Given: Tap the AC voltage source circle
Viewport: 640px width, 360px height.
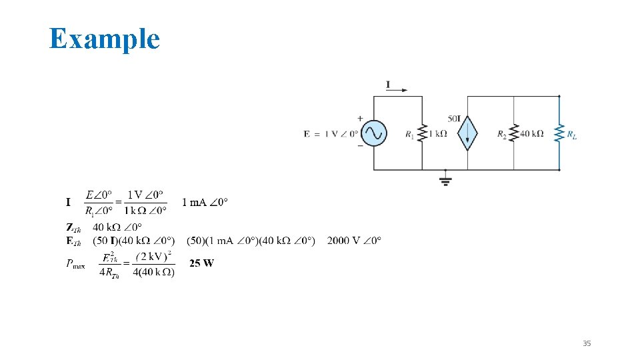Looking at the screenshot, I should [x=373, y=133].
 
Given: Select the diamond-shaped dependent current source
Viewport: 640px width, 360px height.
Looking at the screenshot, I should [x=467, y=134].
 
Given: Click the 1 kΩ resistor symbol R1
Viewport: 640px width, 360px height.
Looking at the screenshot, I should [x=422, y=133].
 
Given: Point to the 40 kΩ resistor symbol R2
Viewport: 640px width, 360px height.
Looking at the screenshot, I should [x=514, y=133].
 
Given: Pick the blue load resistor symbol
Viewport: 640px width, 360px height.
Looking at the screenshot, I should [x=559, y=133].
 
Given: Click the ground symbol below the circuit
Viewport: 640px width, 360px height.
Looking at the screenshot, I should [x=445, y=179].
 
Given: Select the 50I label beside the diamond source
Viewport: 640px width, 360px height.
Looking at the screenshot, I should [x=454, y=119].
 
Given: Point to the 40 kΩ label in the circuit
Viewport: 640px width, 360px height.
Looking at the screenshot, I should [x=531, y=134].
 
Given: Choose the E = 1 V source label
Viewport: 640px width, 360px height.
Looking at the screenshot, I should [x=329, y=134].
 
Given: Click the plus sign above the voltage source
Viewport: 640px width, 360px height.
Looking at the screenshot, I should [x=361, y=119].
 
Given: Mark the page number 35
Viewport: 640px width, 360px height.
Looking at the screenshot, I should [x=587, y=343].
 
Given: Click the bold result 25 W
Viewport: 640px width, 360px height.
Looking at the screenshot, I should [x=201, y=263].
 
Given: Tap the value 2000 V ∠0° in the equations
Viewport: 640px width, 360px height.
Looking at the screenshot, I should [x=354, y=240].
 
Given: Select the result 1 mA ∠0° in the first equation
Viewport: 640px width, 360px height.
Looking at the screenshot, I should [x=205, y=202].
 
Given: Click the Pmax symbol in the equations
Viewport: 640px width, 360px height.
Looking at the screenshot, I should [x=75, y=264].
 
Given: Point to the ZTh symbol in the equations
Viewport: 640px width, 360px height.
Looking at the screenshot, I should [x=73, y=227].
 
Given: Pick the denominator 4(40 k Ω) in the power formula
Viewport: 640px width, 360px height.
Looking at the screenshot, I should [x=153, y=272].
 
